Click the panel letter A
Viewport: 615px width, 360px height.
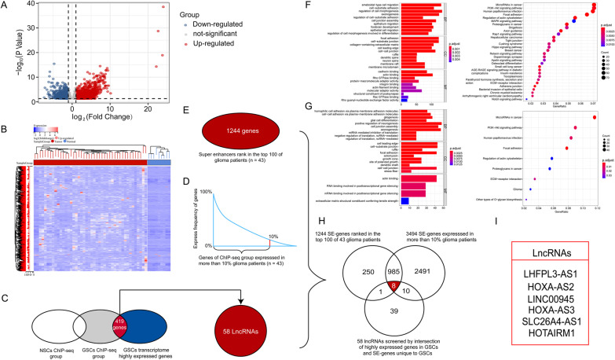tap(6, 6)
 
